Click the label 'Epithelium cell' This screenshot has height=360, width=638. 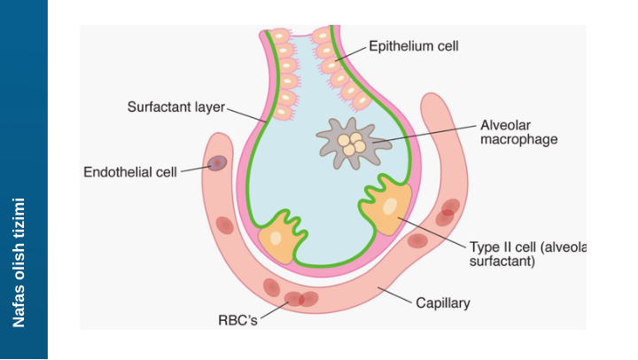tap(414, 45)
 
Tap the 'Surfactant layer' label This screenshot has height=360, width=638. tap(176, 107)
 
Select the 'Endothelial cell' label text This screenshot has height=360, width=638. tap(130, 172)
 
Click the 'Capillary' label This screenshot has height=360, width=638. tap(443, 303)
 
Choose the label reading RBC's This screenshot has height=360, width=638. tap(237, 320)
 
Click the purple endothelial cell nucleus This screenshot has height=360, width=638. tap(216, 163)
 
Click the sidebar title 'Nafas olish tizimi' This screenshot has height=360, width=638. tap(19, 262)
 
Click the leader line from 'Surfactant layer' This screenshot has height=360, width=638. tap(247, 113)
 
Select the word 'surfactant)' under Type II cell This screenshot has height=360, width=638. tap(502, 262)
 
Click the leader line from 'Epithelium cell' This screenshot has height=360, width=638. tap(350, 53)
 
